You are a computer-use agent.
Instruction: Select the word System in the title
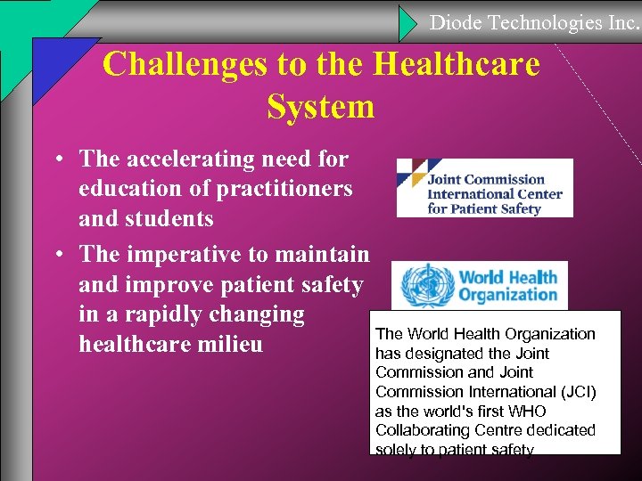tap(320, 107)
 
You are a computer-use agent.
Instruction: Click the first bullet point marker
tap(56, 160)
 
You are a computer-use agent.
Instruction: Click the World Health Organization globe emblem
tap(421, 285)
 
